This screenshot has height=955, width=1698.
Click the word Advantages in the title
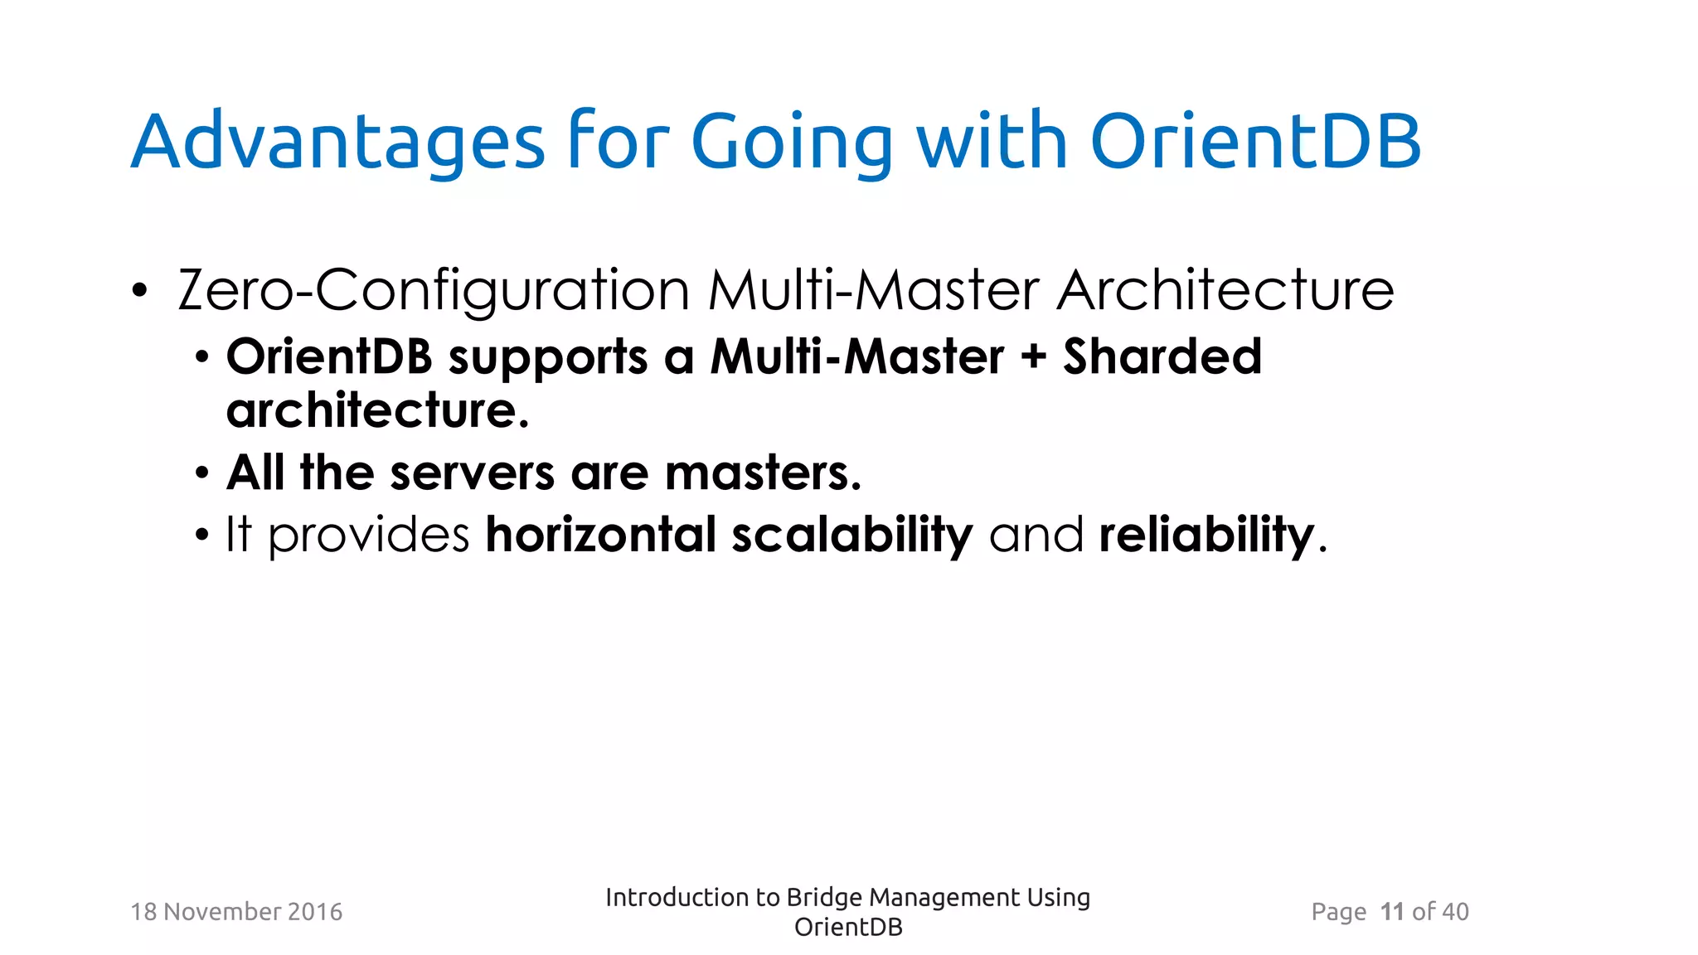coord(337,143)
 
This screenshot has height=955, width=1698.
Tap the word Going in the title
coord(792,143)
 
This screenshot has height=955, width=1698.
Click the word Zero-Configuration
coord(434,291)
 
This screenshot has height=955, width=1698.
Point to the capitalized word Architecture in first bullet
coord(1225,291)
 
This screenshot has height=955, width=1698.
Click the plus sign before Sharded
coord(1033,357)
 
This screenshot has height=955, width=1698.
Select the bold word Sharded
coord(1162,357)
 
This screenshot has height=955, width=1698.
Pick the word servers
coord(472,473)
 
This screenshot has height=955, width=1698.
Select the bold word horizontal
coord(600,535)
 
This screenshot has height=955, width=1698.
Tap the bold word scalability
coord(852,535)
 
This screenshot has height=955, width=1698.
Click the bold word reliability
coord(1206,535)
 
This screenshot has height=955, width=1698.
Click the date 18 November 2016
coord(236,912)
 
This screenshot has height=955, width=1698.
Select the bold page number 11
coord(1392,912)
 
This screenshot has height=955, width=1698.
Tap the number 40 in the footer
coord(1455,912)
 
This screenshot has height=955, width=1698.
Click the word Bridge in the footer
coord(824,898)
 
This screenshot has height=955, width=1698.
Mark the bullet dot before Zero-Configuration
coord(139,292)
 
